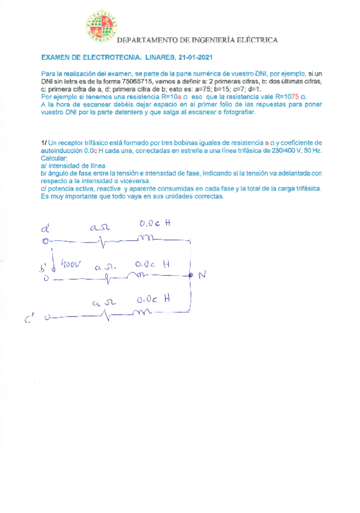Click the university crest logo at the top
[100, 27]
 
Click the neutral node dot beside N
[191, 276]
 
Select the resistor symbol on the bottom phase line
[106, 315]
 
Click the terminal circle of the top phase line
[44, 241]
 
